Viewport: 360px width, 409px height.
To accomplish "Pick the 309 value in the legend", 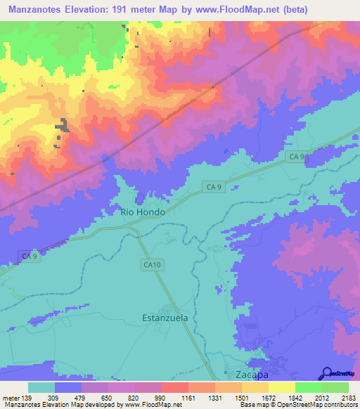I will pyautogui.click(x=52, y=398).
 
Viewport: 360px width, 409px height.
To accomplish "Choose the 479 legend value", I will pyautogui.click(x=79, y=398).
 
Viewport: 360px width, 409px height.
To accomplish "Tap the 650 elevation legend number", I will pyautogui.click(x=107, y=398).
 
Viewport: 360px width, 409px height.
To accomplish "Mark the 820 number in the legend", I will pyautogui.click(x=134, y=398).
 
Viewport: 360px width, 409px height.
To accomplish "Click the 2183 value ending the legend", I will pyautogui.click(x=347, y=398).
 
